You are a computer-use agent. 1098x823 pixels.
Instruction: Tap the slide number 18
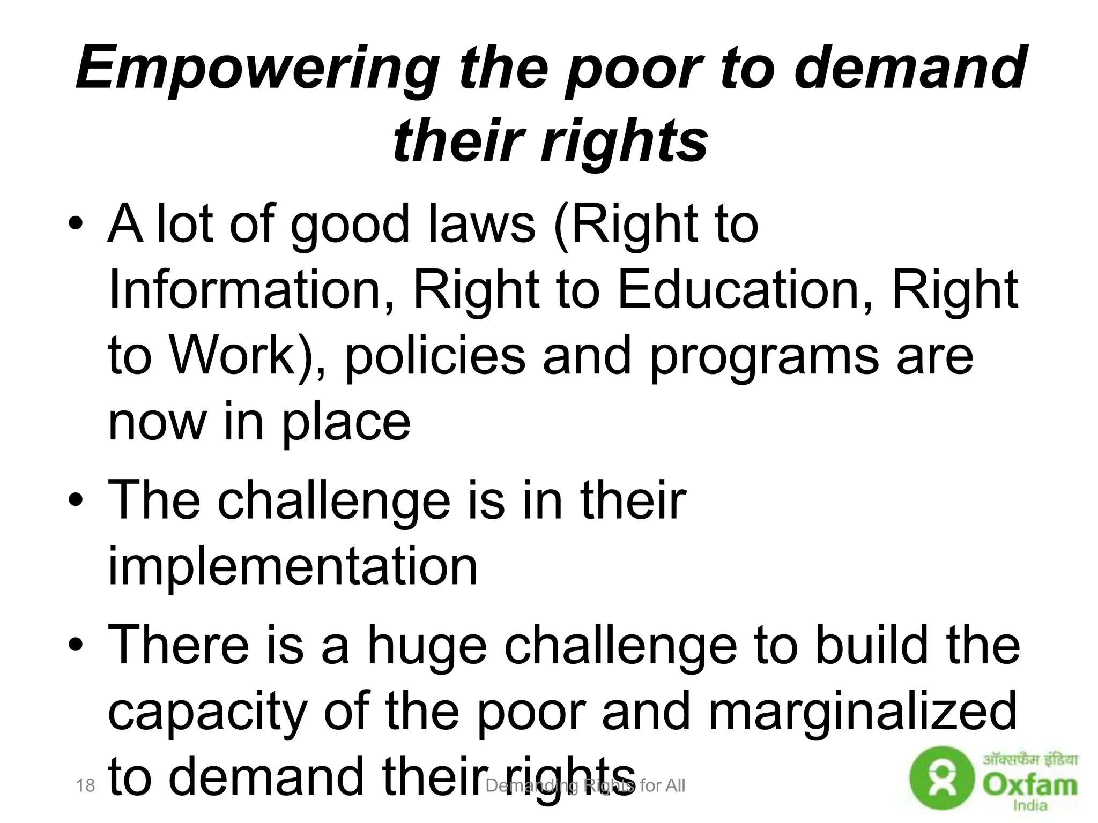pos(85,786)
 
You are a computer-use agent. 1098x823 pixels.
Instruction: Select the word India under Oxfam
pos(1029,805)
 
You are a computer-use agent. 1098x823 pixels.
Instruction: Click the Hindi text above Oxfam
pos(1030,760)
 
